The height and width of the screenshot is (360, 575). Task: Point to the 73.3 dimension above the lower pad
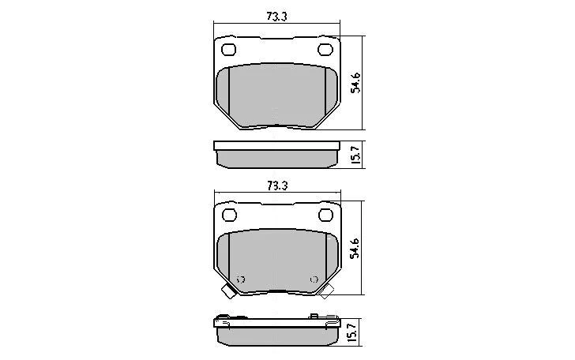(x=276, y=186)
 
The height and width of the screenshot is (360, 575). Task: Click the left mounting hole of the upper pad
(x=230, y=51)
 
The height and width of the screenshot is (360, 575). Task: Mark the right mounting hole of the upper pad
(x=325, y=51)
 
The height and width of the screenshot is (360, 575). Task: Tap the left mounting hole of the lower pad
(x=230, y=216)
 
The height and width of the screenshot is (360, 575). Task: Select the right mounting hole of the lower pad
(x=325, y=216)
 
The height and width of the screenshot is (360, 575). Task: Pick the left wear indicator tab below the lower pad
(x=228, y=293)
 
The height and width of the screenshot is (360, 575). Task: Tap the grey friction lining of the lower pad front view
(x=276, y=257)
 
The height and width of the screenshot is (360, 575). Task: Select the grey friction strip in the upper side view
(x=276, y=159)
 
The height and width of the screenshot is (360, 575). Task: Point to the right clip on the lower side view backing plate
(x=317, y=317)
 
